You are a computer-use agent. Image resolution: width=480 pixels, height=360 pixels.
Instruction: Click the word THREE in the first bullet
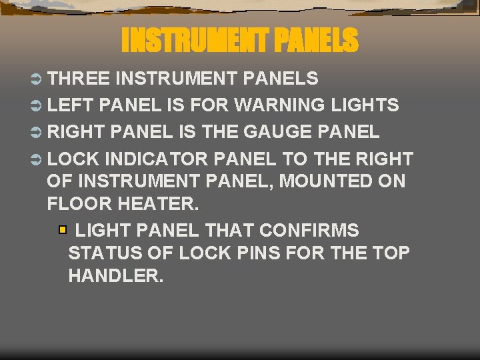pos(79,79)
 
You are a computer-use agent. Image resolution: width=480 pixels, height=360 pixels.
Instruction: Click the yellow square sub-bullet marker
pos(63,231)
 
